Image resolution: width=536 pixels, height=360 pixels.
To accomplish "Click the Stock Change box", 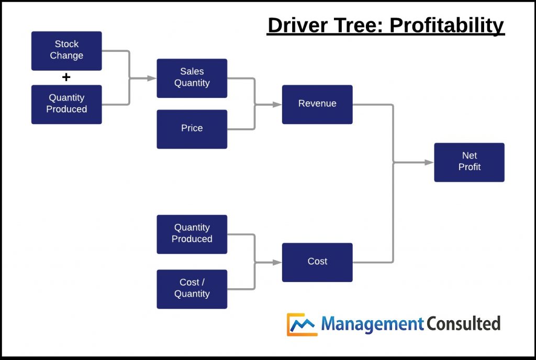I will point(66,51).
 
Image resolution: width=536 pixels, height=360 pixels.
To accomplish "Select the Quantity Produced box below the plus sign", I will point(66,104).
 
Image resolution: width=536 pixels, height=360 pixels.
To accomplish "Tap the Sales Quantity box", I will point(192,78).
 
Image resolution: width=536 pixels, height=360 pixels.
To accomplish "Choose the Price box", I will point(192,129).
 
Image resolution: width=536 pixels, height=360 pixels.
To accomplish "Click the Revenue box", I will point(317,104).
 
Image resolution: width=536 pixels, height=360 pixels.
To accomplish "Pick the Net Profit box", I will point(469,162).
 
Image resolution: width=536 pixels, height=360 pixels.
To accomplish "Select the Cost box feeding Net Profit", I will point(317,262).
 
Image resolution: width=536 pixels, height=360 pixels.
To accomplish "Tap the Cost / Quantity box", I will point(192,289).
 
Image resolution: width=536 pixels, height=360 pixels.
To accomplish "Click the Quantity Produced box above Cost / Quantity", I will point(192,234).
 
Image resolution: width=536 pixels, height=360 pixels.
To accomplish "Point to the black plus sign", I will point(66,77).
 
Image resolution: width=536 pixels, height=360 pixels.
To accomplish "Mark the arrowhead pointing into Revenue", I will point(277,104).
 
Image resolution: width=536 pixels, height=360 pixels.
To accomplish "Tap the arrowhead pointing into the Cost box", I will point(277,262).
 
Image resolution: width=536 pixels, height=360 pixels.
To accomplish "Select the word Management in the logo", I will point(372,324).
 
